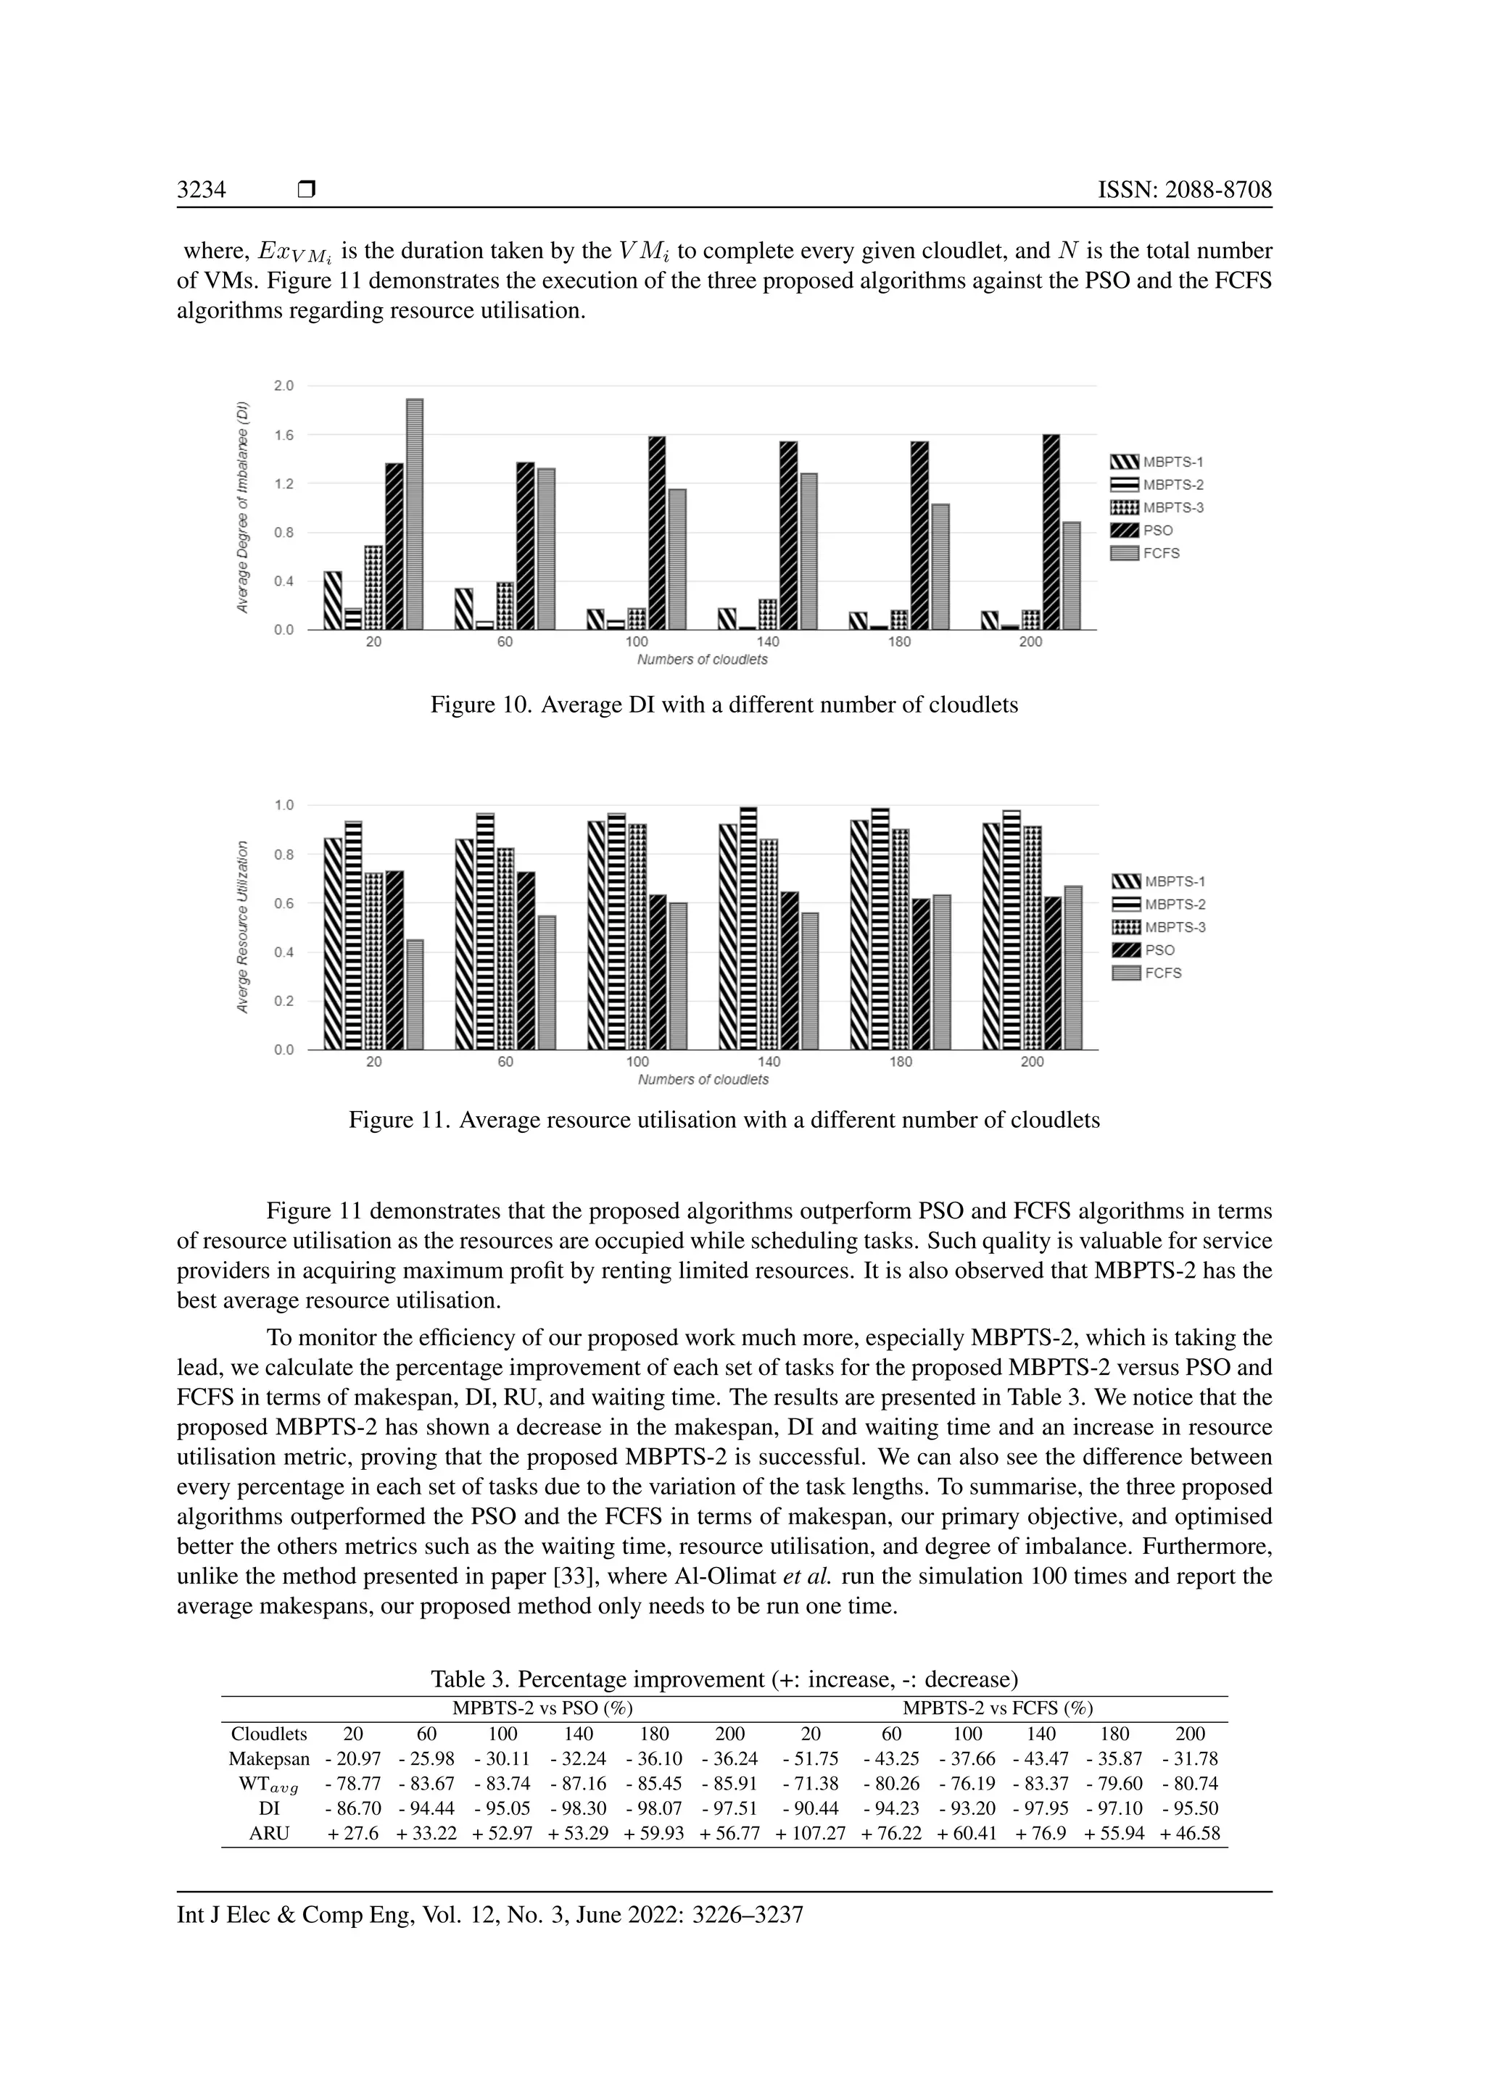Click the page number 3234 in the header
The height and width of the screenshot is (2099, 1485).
(201, 190)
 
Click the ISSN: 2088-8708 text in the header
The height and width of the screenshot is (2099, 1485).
(1184, 190)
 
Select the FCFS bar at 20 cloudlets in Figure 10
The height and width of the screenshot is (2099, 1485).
(414, 514)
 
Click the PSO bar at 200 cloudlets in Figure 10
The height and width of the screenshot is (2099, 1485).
(1051, 532)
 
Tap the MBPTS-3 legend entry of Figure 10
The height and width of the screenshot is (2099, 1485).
(1157, 507)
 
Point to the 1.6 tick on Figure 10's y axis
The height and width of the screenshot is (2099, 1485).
(284, 435)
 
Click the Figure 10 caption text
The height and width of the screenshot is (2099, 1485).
(724, 704)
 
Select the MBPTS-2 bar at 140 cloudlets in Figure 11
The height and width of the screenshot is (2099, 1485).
(748, 928)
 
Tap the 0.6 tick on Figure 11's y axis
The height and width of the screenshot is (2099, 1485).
(284, 903)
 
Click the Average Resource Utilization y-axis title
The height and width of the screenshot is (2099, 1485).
(243, 927)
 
